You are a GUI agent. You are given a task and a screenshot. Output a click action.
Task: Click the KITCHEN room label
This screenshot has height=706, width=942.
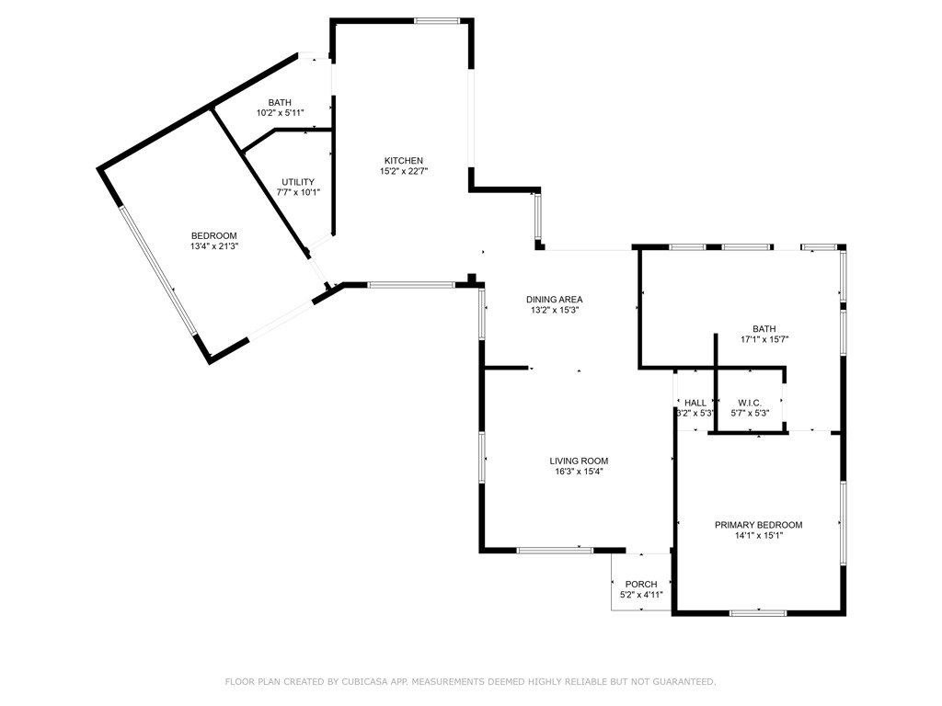pyautogui.click(x=403, y=161)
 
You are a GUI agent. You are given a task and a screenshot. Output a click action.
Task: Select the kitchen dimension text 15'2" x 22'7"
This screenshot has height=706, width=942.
pyautogui.click(x=403, y=171)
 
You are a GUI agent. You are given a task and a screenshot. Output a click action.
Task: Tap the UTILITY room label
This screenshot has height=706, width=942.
pyautogui.click(x=298, y=182)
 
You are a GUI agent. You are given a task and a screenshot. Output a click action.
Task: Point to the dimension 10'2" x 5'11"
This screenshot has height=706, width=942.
pyautogui.click(x=280, y=112)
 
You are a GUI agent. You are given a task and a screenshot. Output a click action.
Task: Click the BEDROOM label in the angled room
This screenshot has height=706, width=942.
pyautogui.click(x=213, y=235)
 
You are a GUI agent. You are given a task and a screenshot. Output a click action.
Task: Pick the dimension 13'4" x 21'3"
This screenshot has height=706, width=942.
pyautogui.click(x=213, y=246)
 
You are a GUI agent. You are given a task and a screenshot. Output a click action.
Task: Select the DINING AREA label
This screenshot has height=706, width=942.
pyautogui.click(x=554, y=299)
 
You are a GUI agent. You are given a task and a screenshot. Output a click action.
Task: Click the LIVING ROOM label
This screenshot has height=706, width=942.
pyautogui.click(x=579, y=461)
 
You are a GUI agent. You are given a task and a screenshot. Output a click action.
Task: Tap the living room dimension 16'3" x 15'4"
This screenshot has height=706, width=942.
pyautogui.click(x=579, y=472)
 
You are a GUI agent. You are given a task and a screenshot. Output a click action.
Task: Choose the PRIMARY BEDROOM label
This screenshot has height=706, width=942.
pyautogui.click(x=758, y=525)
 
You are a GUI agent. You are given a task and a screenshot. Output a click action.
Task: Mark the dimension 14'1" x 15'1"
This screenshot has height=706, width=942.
pyautogui.click(x=758, y=536)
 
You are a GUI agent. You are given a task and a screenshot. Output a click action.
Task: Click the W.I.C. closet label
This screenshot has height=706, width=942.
pyautogui.click(x=749, y=403)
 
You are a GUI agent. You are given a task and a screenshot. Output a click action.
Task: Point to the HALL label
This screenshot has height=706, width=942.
pyautogui.click(x=695, y=403)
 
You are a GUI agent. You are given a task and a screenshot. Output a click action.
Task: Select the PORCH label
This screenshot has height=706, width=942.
pyautogui.click(x=641, y=585)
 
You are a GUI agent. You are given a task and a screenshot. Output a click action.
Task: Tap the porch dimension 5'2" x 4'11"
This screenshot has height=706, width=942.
pyautogui.click(x=641, y=595)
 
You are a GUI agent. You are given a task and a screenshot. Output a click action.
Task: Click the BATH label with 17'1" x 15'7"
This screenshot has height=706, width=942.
pyautogui.click(x=764, y=329)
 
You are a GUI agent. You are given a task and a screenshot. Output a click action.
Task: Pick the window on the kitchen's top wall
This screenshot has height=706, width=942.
pyautogui.click(x=436, y=20)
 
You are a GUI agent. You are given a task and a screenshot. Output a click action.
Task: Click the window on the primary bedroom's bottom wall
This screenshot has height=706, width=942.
pyautogui.click(x=758, y=612)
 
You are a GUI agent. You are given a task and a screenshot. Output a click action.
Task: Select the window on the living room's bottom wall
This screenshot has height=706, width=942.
pyautogui.click(x=555, y=550)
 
